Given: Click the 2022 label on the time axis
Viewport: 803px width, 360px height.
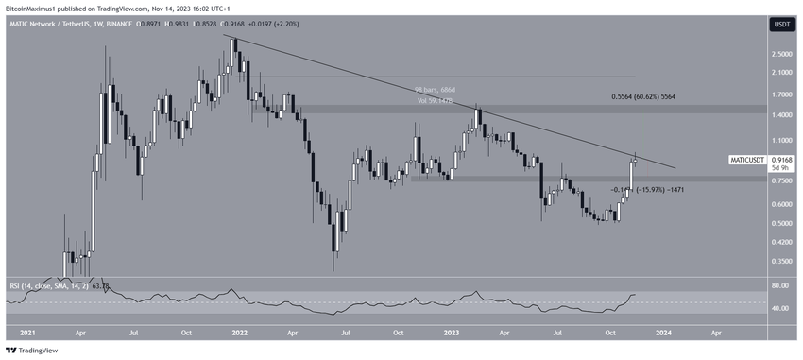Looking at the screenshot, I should (x=240, y=334).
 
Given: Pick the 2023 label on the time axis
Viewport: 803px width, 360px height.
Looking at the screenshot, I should (x=451, y=334).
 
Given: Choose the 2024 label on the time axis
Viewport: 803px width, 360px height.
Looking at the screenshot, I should (x=663, y=334).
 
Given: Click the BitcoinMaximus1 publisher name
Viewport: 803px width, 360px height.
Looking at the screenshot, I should (x=36, y=8).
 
